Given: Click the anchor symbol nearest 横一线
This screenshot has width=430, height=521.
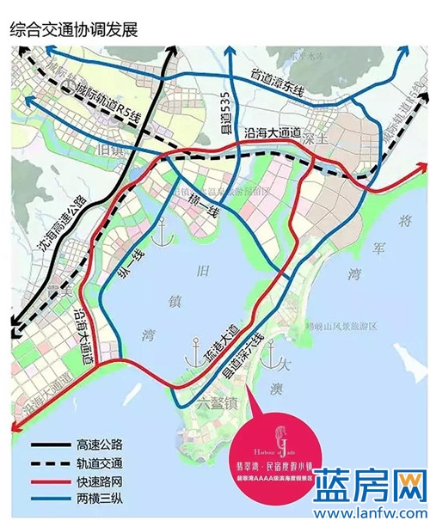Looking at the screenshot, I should coord(157,228).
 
